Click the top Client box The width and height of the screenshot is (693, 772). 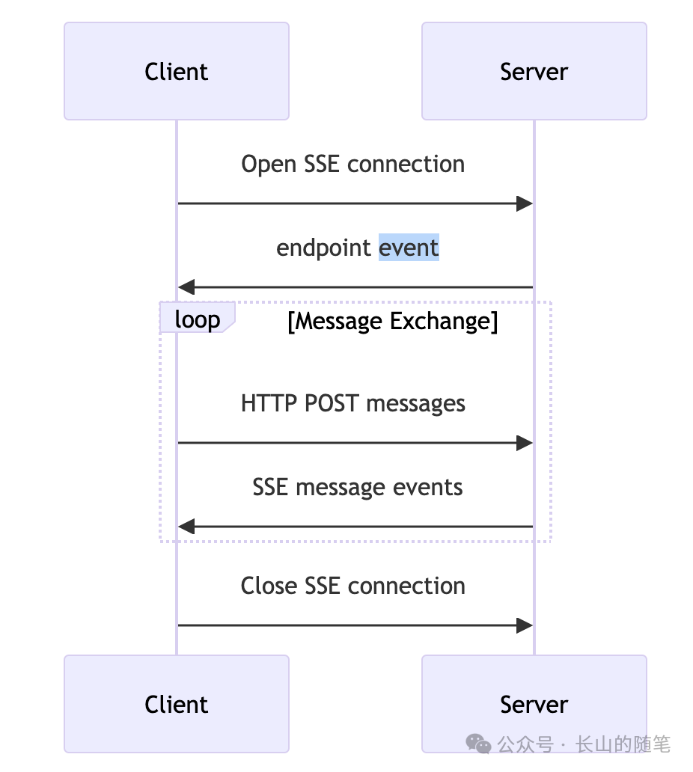[177, 71]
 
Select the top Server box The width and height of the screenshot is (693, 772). [534, 71]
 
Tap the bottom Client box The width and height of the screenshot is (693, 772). [177, 704]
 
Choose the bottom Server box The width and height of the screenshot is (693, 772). [534, 704]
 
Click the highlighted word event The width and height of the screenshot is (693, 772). [409, 248]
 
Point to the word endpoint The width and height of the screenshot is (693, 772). [324, 248]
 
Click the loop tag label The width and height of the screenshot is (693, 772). [197, 319]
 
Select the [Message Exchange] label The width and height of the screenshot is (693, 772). [392, 321]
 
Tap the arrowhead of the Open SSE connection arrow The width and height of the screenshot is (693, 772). [525, 203]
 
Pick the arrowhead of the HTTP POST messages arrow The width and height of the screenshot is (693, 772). [525, 443]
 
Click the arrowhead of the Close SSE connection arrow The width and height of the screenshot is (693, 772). [525, 625]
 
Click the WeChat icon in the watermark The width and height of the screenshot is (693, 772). [479, 744]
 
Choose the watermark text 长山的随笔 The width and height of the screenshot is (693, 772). [623, 744]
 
